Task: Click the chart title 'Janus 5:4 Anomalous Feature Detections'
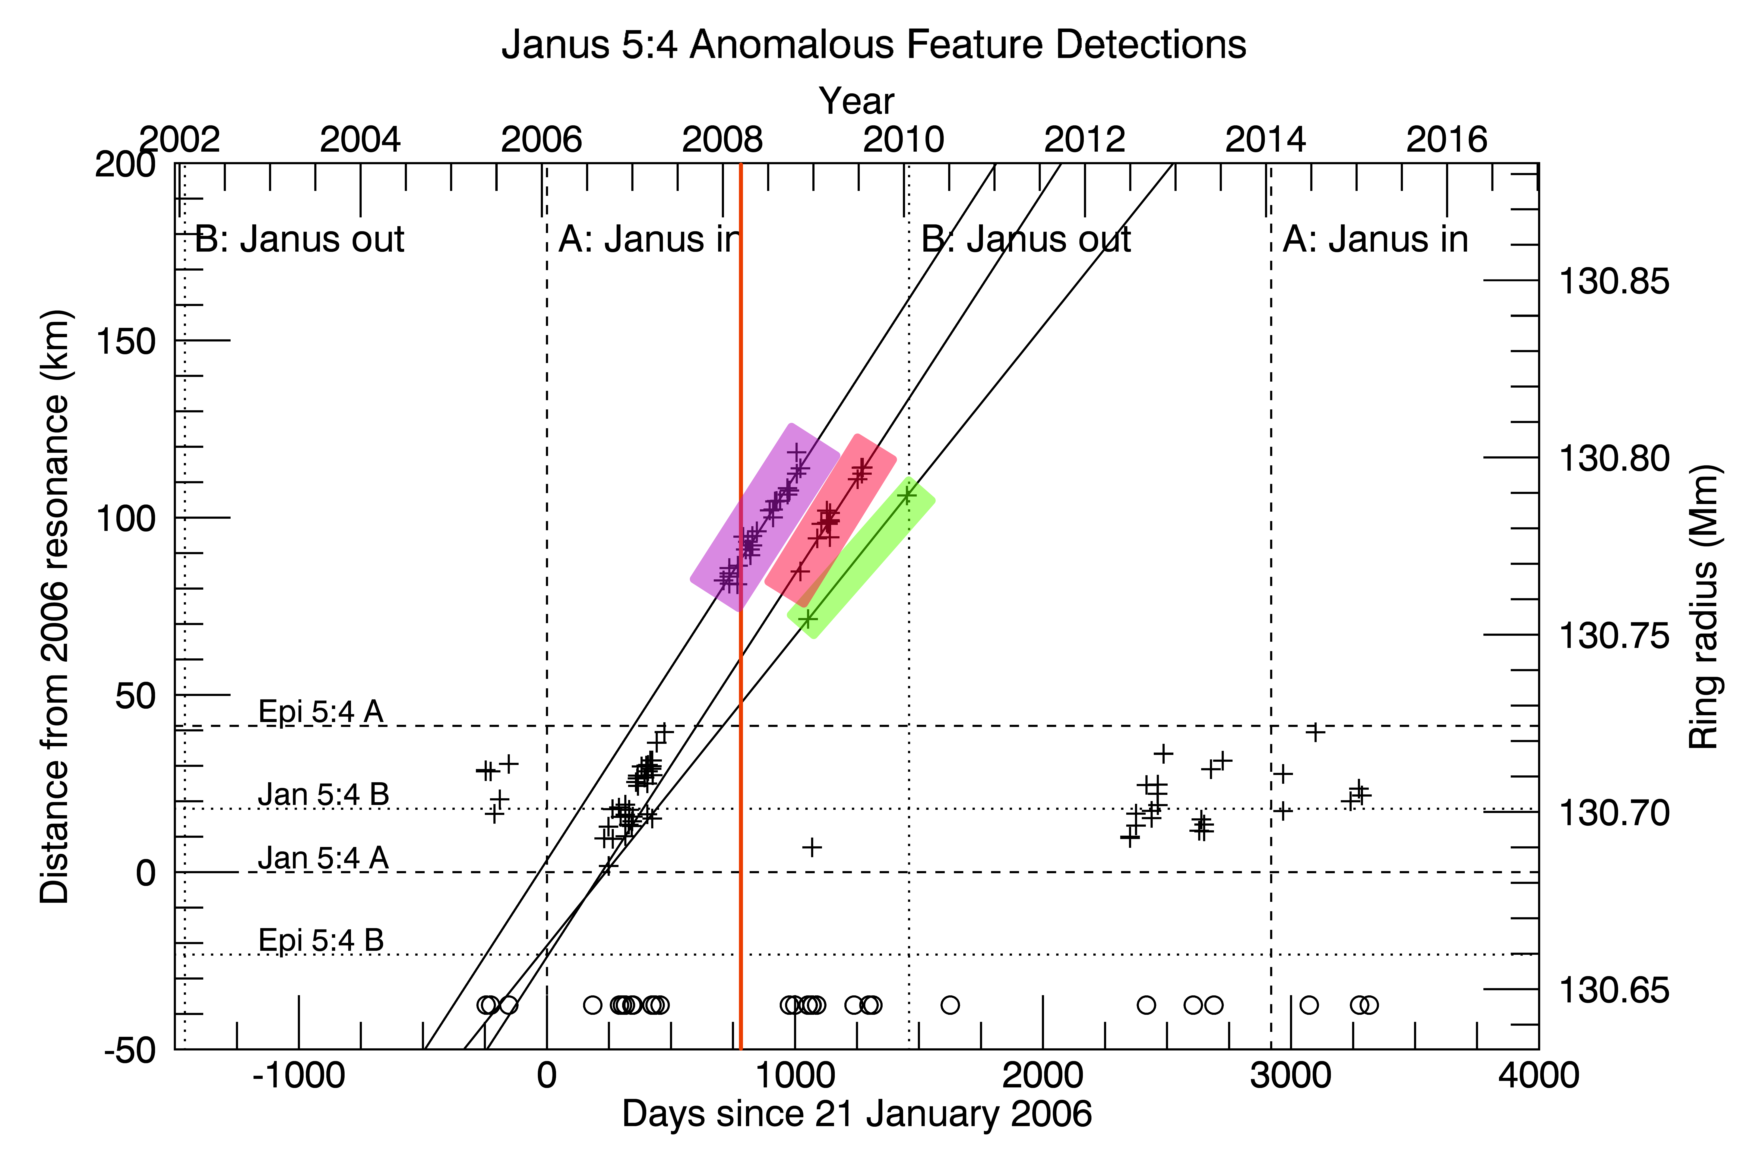[x=873, y=45]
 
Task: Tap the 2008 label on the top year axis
[x=722, y=140]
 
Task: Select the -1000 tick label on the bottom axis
[x=299, y=1075]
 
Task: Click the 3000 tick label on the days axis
[x=1290, y=1075]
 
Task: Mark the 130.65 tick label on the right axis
[x=1613, y=990]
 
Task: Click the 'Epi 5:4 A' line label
[x=321, y=712]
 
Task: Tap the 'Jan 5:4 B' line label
[x=323, y=794]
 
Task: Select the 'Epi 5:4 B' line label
[x=321, y=940]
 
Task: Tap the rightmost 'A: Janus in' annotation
[x=1375, y=239]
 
